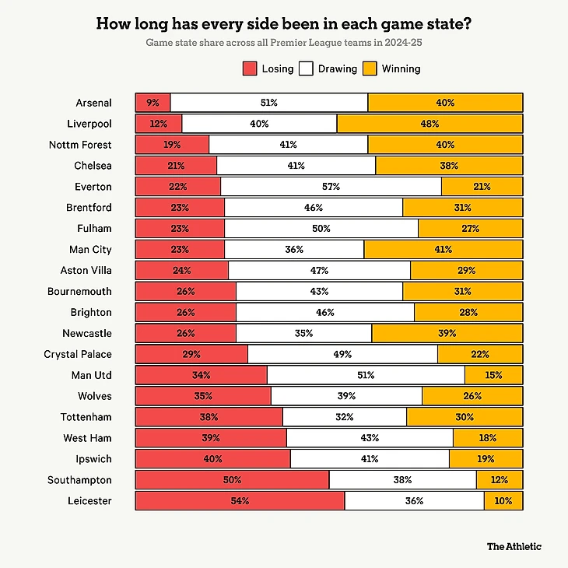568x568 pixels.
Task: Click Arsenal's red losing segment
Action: click(x=153, y=103)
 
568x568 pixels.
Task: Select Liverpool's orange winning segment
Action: click(x=430, y=124)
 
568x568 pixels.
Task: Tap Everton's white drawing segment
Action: click(x=331, y=187)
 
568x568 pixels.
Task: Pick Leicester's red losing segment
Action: click(x=240, y=501)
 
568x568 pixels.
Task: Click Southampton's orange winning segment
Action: click(x=500, y=480)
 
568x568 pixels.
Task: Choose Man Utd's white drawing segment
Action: click(x=366, y=375)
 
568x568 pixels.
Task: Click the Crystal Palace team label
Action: click(x=78, y=354)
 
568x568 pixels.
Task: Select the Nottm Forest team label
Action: click(x=81, y=145)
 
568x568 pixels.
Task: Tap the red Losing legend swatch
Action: click(x=250, y=68)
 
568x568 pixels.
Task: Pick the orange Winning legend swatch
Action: click(x=370, y=68)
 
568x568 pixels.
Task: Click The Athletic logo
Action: click(x=514, y=546)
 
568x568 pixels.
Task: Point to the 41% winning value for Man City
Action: click(x=444, y=250)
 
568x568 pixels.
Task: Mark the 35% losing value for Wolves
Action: click(x=203, y=396)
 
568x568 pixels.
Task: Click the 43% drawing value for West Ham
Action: click(x=370, y=438)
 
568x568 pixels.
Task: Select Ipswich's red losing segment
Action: click(x=212, y=459)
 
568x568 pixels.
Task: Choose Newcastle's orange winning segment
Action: click(x=447, y=333)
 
